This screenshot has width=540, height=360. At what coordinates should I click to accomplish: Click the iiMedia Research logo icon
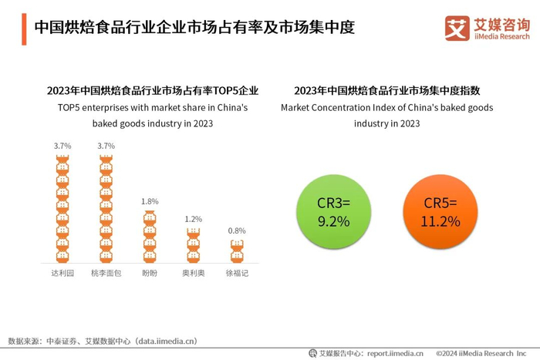pos(457,29)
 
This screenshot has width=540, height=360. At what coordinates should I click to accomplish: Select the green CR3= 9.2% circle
pos(334,212)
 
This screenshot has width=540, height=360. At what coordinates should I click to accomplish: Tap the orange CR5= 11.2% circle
pos(441,212)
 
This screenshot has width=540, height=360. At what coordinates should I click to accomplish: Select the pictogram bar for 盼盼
pos(150,236)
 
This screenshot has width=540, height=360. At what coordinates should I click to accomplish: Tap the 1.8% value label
pos(150,201)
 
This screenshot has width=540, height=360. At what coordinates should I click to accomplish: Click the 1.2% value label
pos(193,220)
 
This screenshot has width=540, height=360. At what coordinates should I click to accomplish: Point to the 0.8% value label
pos(237,230)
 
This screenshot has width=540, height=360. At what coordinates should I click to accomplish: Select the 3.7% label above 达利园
pos(62,146)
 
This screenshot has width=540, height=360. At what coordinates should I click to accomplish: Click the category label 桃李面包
pos(106,273)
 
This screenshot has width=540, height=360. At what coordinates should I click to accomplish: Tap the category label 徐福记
pos(237,273)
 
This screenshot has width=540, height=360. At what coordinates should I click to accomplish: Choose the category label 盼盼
pos(150,273)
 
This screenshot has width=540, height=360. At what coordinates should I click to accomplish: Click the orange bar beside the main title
pos(23,29)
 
